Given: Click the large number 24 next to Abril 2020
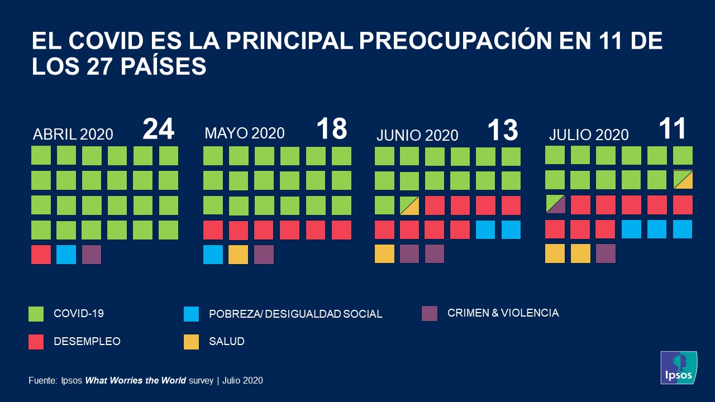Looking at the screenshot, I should (x=159, y=129).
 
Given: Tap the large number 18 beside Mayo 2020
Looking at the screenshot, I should (x=332, y=129).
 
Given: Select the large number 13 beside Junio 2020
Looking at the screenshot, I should (x=503, y=130).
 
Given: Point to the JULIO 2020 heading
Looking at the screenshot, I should (x=589, y=135).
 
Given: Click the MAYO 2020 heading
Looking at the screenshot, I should (x=245, y=133).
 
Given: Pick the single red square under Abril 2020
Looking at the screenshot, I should (x=41, y=255).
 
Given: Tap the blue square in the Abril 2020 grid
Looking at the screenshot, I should (x=66, y=255).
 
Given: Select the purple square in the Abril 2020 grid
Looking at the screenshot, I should (x=92, y=255).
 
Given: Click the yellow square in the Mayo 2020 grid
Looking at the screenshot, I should (x=238, y=255).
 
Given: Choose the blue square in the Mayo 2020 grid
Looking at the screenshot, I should (x=213, y=255).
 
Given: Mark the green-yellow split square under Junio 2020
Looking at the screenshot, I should (x=409, y=205).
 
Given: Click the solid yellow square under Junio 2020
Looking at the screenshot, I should (x=384, y=253).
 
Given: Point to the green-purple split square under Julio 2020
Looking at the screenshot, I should (x=555, y=204).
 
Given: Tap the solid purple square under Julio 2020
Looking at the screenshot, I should (x=606, y=253).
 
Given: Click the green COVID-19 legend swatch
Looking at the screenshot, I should (x=36, y=314).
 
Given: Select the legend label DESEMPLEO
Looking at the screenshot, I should (x=87, y=341).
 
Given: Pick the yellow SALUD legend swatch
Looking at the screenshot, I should (x=191, y=342).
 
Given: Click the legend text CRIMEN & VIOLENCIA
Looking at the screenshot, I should (x=503, y=313).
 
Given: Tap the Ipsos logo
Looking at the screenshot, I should (x=678, y=367).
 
